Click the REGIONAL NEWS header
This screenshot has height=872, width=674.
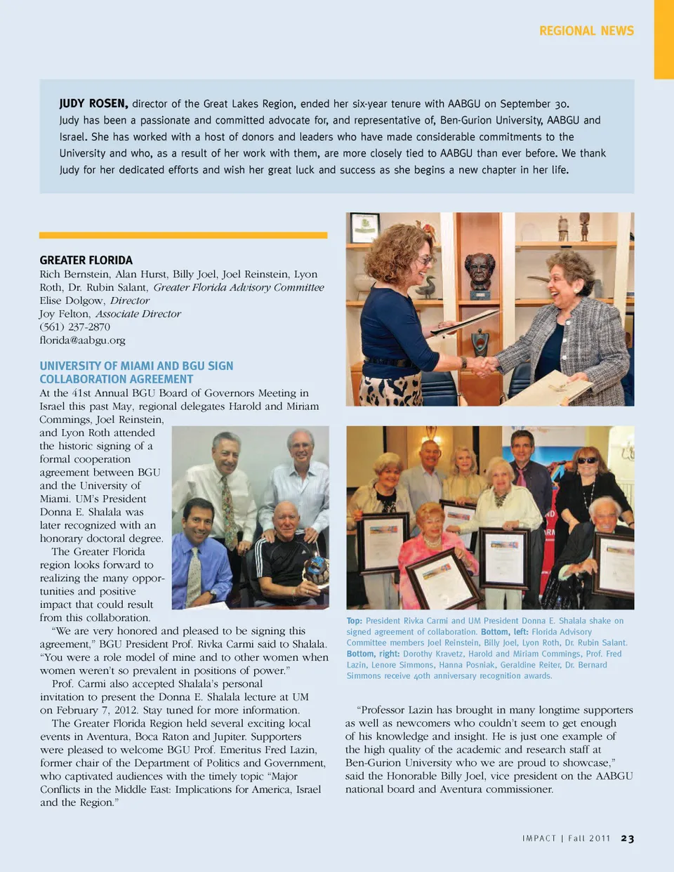(586, 31)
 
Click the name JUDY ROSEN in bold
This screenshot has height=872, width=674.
(93, 103)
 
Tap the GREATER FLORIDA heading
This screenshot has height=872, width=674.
(86, 260)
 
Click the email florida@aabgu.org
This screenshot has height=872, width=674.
(82, 340)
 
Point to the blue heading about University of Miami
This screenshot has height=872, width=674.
(136, 372)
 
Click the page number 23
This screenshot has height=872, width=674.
(628, 838)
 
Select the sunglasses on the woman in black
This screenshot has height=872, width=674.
(586, 461)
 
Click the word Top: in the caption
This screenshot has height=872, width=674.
(355, 621)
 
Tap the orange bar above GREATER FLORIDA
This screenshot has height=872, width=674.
(183, 235)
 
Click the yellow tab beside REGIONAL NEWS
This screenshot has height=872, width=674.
(663, 39)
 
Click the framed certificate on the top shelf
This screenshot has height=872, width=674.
(365, 227)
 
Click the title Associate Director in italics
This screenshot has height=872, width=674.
(138, 314)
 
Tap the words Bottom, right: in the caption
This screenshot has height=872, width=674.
(373, 654)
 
